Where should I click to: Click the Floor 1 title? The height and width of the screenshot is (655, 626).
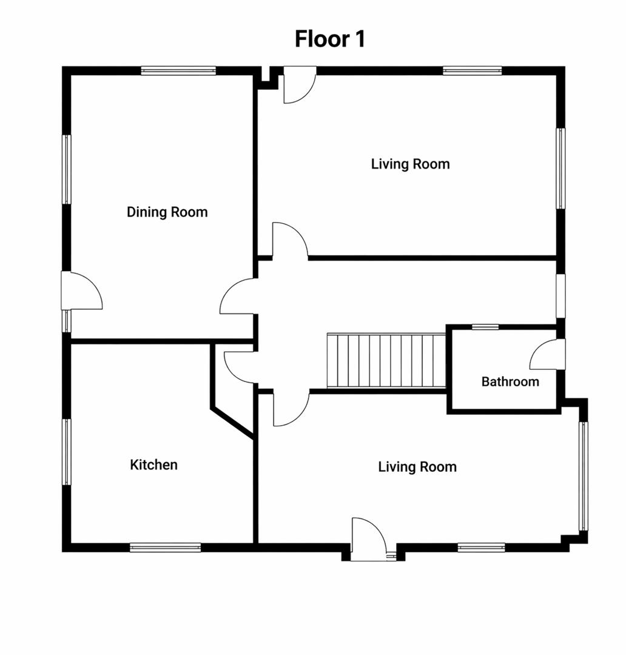click(x=330, y=39)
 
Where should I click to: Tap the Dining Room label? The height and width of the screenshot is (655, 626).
click(x=167, y=212)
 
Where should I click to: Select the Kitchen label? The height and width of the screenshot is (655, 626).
click(x=154, y=465)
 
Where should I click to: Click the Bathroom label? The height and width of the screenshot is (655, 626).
click(x=510, y=381)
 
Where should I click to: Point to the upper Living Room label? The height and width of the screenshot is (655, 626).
click(x=411, y=164)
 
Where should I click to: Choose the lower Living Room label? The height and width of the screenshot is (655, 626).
click(x=417, y=466)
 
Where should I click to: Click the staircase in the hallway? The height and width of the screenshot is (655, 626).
click(x=386, y=360)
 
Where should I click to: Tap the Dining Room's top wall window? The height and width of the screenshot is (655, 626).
click(x=178, y=70)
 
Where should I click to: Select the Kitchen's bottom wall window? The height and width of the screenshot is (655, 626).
click(x=166, y=547)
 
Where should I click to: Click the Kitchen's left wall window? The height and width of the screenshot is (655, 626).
click(x=67, y=452)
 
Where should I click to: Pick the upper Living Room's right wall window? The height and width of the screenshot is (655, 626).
click(x=560, y=169)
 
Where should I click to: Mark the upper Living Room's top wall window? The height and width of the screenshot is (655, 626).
click(x=472, y=70)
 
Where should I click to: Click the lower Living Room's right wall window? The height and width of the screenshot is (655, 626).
click(x=583, y=476)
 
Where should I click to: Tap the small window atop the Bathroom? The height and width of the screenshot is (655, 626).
click(x=485, y=327)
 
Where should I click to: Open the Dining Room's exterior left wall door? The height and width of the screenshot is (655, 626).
click(x=81, y=291)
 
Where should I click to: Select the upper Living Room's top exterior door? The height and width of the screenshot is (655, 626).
click(x=300, y=85)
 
